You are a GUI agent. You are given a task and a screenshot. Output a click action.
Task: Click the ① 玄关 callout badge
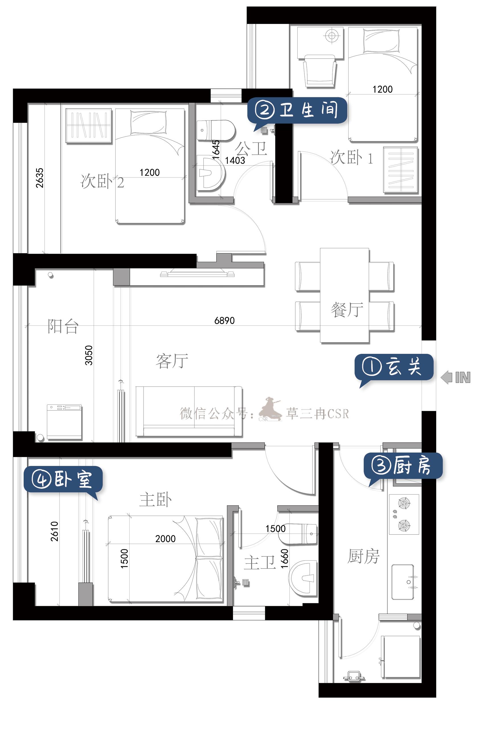pyautogui.click(x=394, y=367)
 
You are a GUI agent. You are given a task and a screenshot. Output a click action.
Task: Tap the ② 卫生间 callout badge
pyautogui.click(x=297, y=111)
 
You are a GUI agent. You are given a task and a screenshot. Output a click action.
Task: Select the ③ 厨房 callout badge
pyautogui.click(x=403, y=466)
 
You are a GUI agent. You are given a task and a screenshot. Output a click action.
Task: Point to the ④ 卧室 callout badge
pyautogui.click(x=63, y=480)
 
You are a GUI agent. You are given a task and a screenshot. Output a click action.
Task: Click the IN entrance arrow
pyautogui.click(x=455, y=377)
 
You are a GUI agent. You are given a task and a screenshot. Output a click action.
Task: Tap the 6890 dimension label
pyautogui.click(x=224, y=320)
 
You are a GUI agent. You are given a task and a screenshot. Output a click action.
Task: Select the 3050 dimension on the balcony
pyautogui.click(x=89, y=355)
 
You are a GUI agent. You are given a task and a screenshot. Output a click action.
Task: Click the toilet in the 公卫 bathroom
pyautogui.click(x=216, y=131)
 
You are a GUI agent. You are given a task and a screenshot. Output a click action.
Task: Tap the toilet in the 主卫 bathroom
pyautogui.click(x=298, y=534)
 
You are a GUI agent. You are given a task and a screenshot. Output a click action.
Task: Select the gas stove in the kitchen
pyautogui.click(x=404, y=514)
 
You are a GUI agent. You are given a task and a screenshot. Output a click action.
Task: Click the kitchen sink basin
pyautogui.click(x=402, y=582)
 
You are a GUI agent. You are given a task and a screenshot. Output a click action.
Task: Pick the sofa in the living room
pyautogui.click(x=189, y=412)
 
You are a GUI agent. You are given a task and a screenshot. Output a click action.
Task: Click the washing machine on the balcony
pyautogui.click(x=64, y=422)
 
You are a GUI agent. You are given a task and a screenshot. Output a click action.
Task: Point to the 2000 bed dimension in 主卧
pyautogui.click(x=165, y=538)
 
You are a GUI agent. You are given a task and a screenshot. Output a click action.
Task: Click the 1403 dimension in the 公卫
pyautogui.click(x=235, y=160)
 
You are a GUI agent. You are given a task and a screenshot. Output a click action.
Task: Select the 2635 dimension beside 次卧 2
pyautogui.click(x=39, y=178)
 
